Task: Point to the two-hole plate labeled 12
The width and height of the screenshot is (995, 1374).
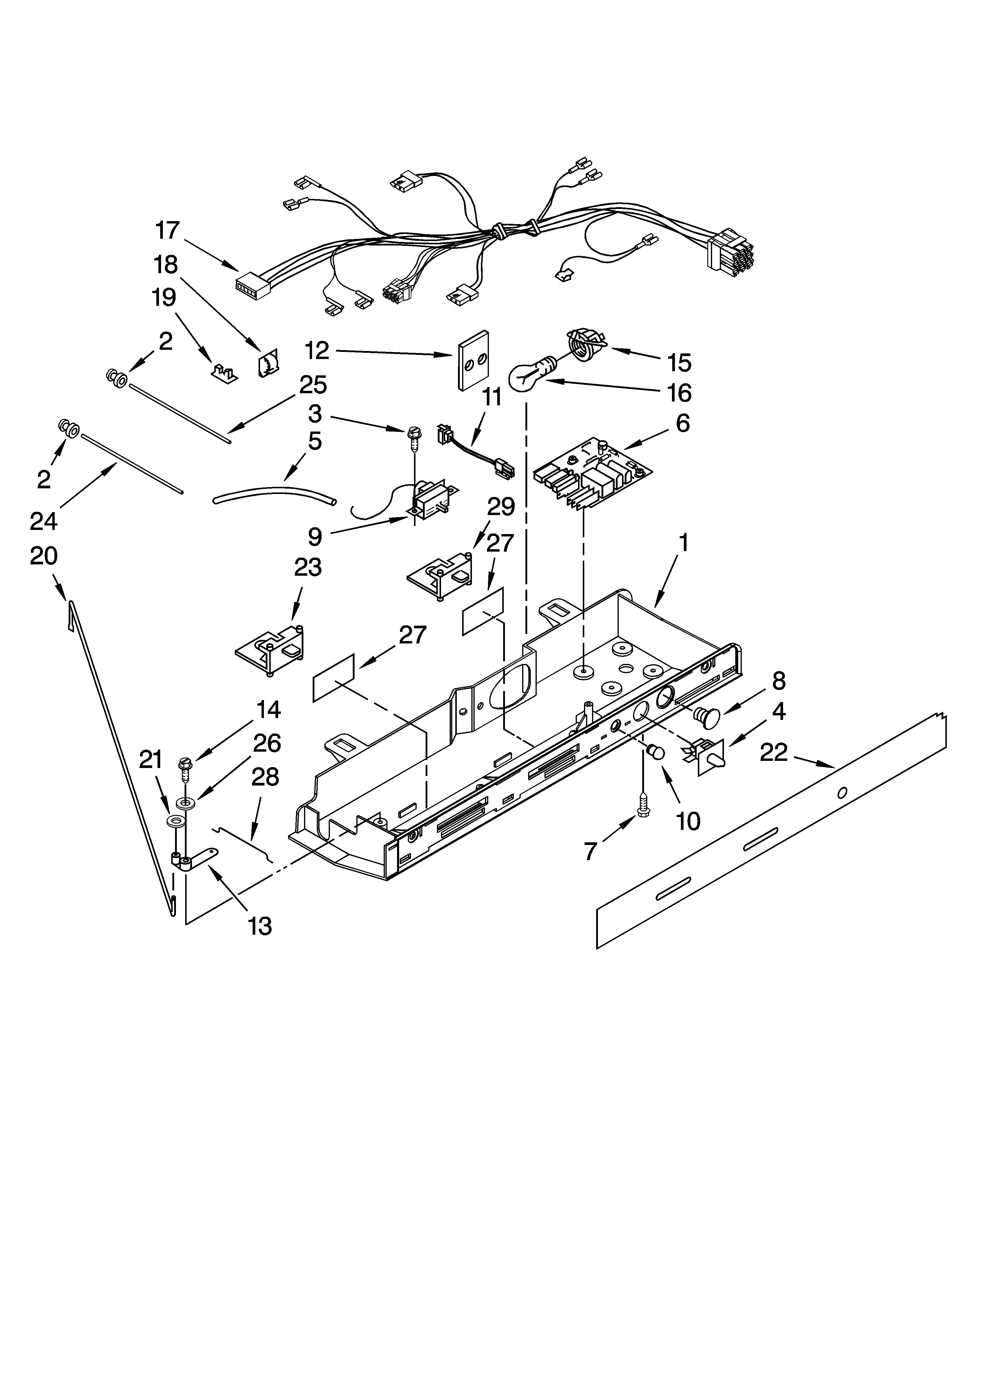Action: tap(473, 361)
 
